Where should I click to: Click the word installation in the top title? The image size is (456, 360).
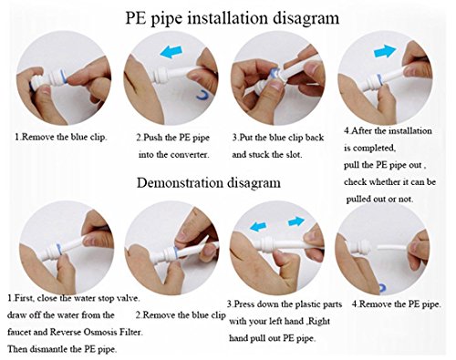pos(227,18)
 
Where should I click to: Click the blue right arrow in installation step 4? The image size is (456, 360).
pos(385,51)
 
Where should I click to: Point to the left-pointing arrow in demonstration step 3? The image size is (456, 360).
pos(258,225)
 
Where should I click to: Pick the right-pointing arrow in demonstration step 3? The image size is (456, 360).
pos(296,221)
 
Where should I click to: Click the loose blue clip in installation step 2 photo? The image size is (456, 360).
pos(202,95)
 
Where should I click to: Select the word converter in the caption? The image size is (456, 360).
pos(190,155)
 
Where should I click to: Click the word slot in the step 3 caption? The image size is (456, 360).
pos(294,155)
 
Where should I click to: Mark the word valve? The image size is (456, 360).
pos(129,298)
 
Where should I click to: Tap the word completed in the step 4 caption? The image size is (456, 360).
pos(377,149)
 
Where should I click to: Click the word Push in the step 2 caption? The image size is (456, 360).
pos(153,138)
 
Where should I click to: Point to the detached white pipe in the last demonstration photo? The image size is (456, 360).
pos(392,248)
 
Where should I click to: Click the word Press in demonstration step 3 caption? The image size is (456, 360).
pos(244,304)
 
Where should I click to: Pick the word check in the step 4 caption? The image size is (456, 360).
pos(355,182)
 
